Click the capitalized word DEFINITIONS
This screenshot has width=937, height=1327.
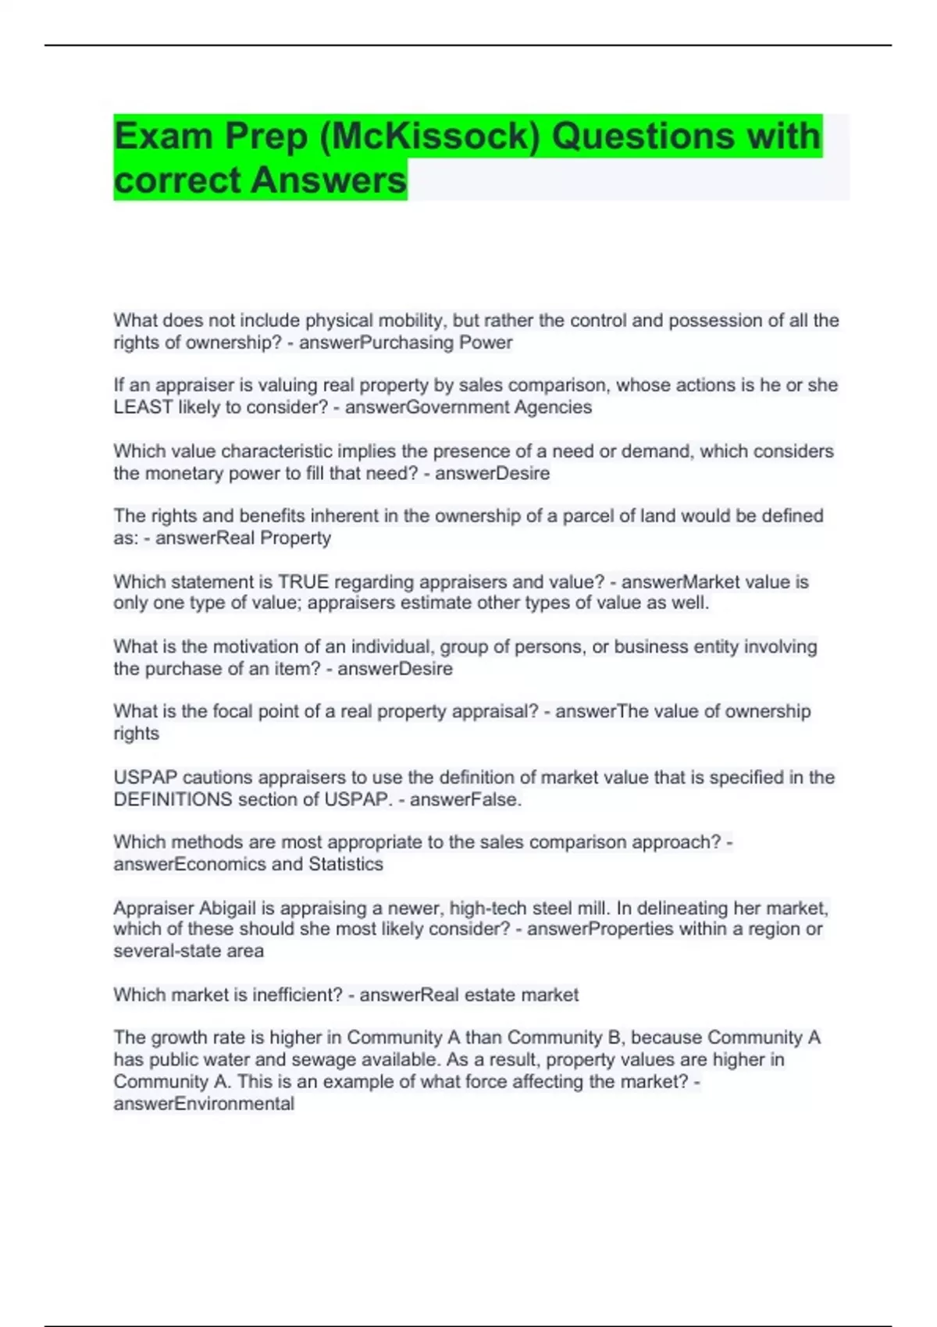[x=173, y=799]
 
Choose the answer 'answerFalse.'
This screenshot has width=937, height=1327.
[x=465, y=799]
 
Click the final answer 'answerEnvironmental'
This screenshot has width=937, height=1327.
[x=204, y=1104]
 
